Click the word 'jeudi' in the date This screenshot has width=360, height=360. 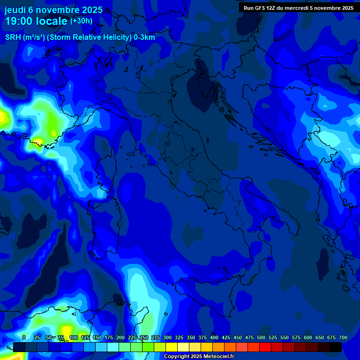[15, 9]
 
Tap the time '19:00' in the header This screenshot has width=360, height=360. [20, 21]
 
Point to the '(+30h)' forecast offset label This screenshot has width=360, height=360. [81, 21]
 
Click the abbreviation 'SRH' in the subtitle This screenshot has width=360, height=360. [13, 37]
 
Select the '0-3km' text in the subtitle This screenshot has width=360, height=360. [144, 37]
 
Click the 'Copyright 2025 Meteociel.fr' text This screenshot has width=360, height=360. [199, 357]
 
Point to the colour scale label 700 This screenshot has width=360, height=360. [343, 337]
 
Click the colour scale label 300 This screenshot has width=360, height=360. [167, 337]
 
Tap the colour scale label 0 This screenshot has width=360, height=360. [23, 337]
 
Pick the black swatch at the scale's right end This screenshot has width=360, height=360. [336, 347]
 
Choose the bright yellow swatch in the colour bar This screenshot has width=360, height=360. [172, 347]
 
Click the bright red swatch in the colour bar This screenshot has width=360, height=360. [265, 347]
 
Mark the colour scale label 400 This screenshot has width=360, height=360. [214, 337]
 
